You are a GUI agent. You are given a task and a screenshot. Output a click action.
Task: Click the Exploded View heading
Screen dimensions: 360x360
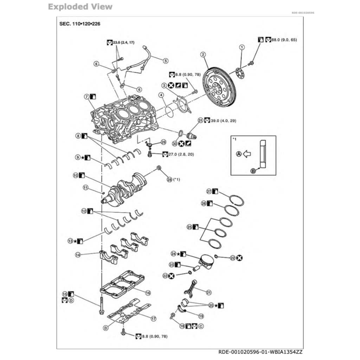80,7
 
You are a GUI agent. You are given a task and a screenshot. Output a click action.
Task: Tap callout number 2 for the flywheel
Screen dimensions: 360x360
203,54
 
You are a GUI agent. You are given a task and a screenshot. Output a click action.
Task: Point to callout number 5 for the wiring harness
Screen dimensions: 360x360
166,60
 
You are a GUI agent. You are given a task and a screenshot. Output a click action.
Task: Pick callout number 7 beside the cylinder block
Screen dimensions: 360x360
86,96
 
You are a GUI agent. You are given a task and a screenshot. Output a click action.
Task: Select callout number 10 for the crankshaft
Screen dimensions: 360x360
75,175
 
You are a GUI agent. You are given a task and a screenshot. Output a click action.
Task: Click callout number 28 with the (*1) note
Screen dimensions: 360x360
170,179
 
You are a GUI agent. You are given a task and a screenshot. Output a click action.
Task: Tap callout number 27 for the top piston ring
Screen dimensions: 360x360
208,191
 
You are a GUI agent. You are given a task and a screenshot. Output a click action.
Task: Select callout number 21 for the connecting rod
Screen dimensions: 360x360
208,292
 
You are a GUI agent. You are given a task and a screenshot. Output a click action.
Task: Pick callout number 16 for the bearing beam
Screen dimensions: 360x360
148,292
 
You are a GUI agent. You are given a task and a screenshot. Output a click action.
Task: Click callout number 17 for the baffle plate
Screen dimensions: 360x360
153,319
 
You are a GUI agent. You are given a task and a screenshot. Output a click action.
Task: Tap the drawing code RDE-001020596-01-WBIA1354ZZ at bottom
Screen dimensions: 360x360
260,352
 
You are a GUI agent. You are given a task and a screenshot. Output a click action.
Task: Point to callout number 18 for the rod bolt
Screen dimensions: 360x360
182,326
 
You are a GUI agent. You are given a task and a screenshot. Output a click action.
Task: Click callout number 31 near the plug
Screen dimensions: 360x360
201,120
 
